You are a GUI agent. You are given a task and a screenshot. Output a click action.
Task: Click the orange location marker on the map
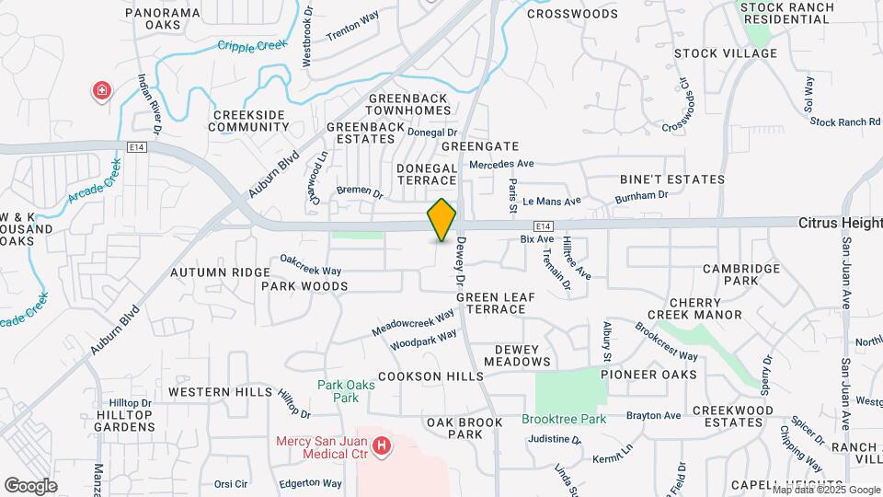pos(442,219)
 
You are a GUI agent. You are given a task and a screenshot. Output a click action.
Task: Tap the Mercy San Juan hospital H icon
pos(382,448)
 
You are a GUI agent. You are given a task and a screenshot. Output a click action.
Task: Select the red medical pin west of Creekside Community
pos(102,91)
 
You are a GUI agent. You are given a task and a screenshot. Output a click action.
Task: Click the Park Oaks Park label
pos(346,391)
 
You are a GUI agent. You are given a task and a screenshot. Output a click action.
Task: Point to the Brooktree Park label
pos(564,419)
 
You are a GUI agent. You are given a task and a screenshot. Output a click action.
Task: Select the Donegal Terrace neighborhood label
pos(427,174)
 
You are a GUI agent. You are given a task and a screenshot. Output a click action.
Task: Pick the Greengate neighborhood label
pos(480,146)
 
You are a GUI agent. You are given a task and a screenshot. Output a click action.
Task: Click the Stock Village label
pos(726,53)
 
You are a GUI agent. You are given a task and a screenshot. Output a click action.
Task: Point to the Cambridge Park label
pos(741,274)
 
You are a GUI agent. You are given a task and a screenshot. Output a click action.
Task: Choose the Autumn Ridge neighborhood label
pos(221,272)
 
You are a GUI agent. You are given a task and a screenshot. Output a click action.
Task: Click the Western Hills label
pos(221,392)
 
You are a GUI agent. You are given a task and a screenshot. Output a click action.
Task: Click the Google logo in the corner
pos(30,485)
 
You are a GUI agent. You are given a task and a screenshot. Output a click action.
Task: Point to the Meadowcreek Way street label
pos(414,321)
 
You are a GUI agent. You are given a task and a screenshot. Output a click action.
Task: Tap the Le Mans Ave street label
pos(552,201)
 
